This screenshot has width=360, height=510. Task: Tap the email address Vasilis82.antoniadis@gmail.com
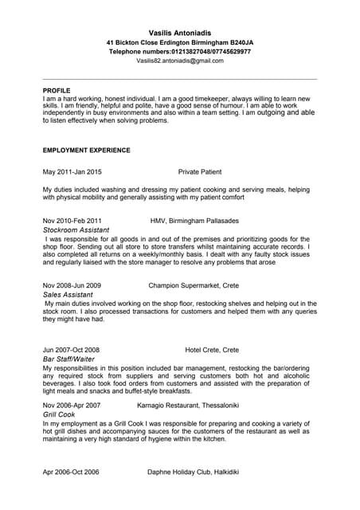tap(179, 61)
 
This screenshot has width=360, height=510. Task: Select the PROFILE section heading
tap(57, 91)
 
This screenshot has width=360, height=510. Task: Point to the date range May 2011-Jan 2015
tap(72, 171)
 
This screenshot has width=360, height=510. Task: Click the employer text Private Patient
tap(200, 171)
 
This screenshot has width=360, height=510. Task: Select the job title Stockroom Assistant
tap(76, 229)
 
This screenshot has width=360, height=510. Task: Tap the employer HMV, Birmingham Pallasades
tap(194, 220)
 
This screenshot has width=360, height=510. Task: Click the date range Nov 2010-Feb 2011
tap(72, 220)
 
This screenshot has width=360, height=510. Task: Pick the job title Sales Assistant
tap(68, 294)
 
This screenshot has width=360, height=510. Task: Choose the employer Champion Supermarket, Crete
tap(194, 284)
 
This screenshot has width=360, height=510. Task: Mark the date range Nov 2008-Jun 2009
tap(72, 284)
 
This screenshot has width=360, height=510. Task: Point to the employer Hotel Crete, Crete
tap(212, 350)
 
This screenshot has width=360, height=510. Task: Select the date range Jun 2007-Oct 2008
tap(72, 350)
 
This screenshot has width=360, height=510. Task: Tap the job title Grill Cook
tap(59, 415)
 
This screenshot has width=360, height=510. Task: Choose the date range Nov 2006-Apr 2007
tap(72, 406)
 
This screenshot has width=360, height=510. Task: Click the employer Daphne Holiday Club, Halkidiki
tap(194, 472)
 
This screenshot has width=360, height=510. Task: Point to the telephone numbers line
tap(179, 51)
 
